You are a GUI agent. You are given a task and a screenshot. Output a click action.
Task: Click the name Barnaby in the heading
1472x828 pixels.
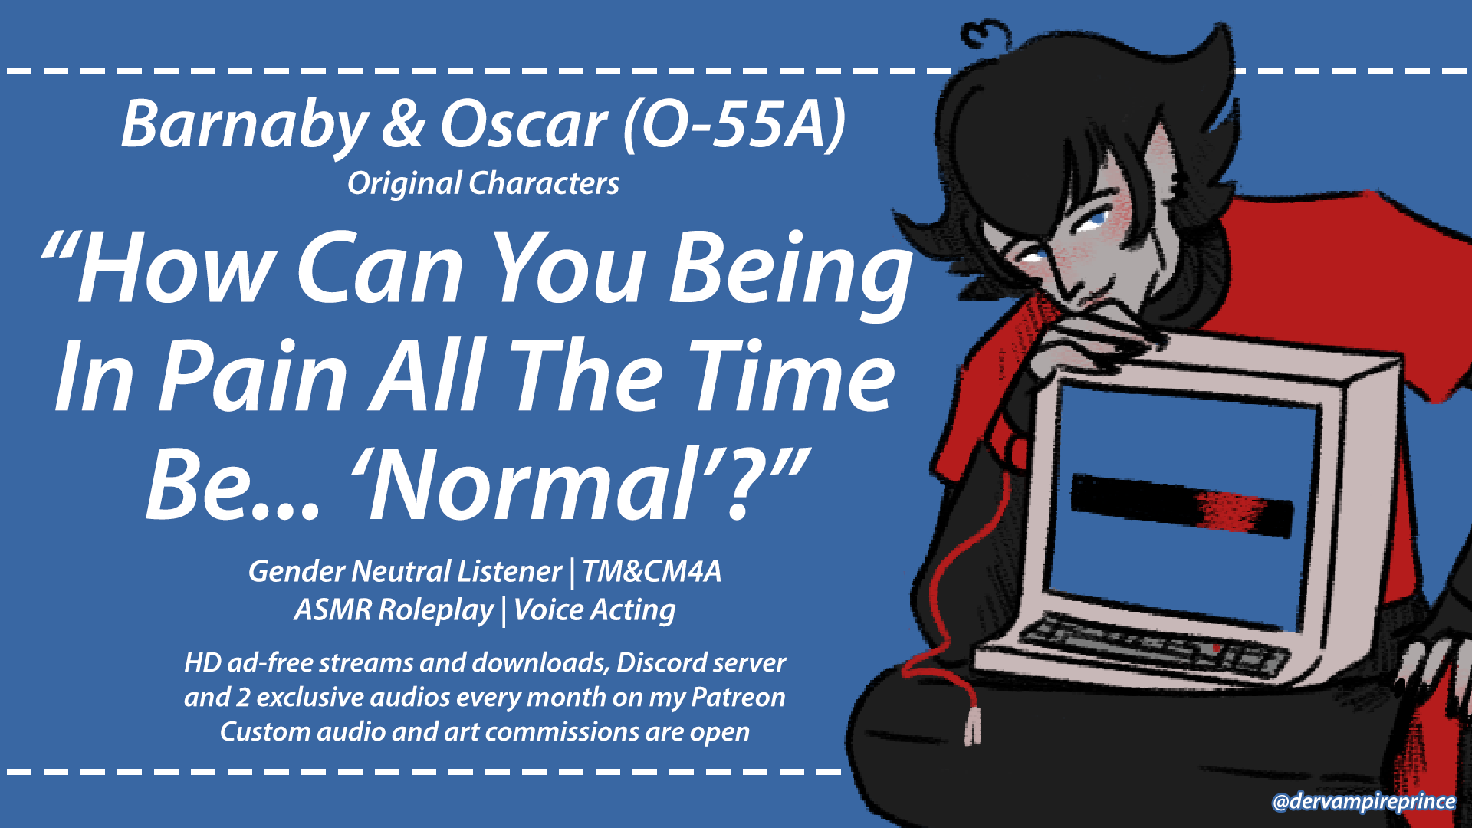(245, 125)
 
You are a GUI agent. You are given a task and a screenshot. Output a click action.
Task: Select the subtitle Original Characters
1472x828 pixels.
(483, 184)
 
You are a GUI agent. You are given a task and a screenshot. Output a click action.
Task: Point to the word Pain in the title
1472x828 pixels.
(254, 377)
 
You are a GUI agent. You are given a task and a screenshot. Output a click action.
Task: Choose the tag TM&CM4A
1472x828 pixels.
(652, 571)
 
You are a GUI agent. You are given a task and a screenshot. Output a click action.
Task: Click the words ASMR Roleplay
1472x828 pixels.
(394, 610)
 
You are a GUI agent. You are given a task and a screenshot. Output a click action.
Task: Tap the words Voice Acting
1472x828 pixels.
(594, 610)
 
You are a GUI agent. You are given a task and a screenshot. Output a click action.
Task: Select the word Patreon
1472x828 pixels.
(738, 697)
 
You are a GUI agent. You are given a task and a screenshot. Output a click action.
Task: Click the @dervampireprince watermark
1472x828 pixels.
(1364, 802)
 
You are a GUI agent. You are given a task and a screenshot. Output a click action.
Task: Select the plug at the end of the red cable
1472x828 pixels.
(973, 724)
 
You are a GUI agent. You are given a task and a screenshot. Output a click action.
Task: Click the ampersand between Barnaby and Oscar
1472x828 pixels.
(403, 125)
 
